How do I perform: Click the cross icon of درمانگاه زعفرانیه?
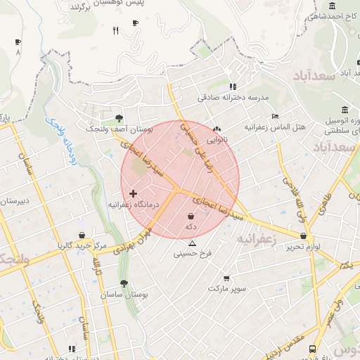pyautogui.click(x=133, y=193)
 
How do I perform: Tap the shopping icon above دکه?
pyautogui.click(x=191, y=217)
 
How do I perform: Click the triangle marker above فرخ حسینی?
pyautogui.click(x=193, y=243)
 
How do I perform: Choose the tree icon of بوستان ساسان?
pyautogui.click(x=124, y=284)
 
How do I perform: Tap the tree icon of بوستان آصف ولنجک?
pyautogui.click(x=118, y=119)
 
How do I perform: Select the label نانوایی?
pyautogui.click(x=217, y=139)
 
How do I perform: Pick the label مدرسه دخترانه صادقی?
pyautogui.click(x=233, y=97)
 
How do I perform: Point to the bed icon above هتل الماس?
pyautogui.click(x=275, y=117)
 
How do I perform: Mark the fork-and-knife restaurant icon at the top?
pyautogui.click(x=115, y=31)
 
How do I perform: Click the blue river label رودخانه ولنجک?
pyautogui.click(x=60, y=141)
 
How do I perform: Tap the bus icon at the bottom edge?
pyautogui.click(x=312, y=349)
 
